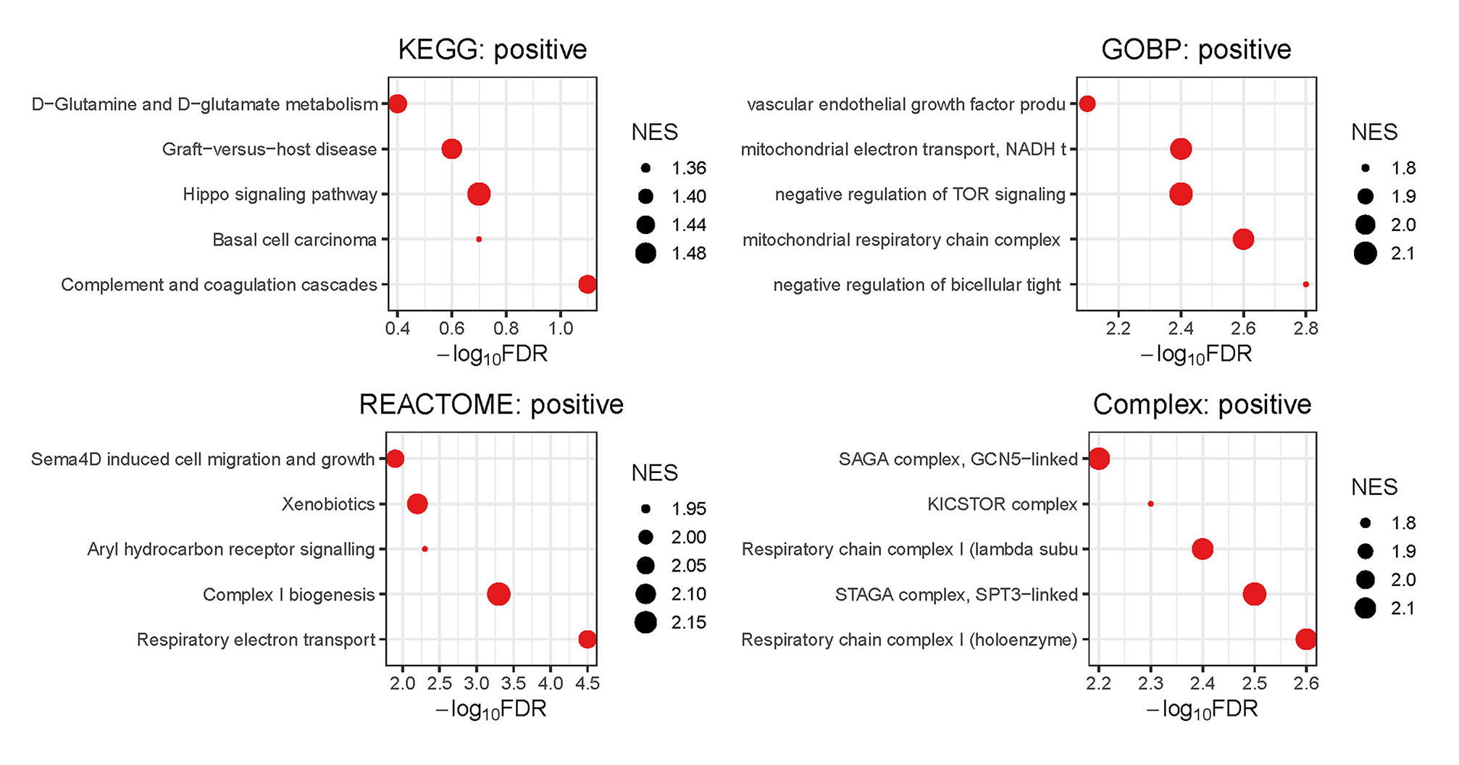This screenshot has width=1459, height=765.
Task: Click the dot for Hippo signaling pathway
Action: [x=479, y=194]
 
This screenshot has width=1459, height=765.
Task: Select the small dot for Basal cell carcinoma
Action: [x=479, y=239]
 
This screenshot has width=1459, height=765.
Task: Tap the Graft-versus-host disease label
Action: [x=269, y=149]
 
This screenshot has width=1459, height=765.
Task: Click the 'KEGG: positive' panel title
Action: [x=493, y=49]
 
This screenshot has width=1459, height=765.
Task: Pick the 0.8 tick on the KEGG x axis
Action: [x=506, y=328]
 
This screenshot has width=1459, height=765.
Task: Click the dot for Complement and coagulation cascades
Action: [x=588, y=285]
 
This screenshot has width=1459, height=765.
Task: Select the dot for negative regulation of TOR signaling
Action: [x=1181, y=194]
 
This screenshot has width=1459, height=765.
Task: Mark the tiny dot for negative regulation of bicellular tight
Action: [x=1306, y=285]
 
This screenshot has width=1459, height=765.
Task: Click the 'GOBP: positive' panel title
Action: [x=1196, y=49]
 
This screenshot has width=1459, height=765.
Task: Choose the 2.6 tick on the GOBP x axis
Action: [x=1243, y=328]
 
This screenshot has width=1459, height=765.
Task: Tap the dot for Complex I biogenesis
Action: [x=498, y=595]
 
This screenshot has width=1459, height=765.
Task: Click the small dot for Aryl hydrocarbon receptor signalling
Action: [x=425, y=549]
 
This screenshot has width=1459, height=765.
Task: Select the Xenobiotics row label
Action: [x=328, y=504]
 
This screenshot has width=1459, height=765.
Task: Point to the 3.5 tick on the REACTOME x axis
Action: [x=514, y=683]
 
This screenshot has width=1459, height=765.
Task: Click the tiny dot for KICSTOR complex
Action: [x=1150, y=504]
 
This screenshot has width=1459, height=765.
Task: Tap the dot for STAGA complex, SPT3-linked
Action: [x=1255, y=595]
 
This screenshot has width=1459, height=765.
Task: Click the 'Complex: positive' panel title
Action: [x=1202, y=404]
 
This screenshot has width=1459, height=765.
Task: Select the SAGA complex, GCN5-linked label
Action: [x=958, y=459]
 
